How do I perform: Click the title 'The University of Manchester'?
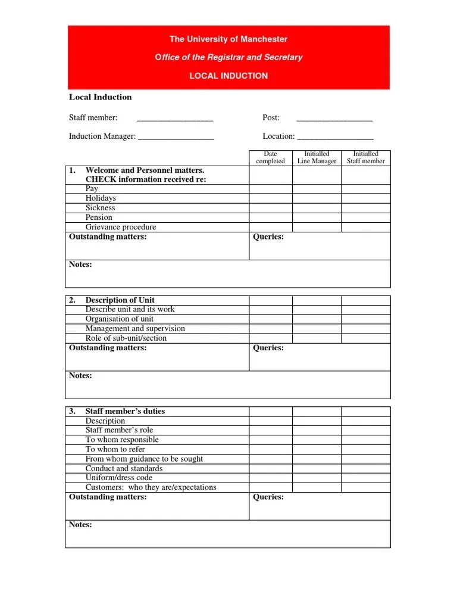pos(228,39)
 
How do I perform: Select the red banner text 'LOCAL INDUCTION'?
pos(228,76)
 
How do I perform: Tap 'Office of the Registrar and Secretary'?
pos(228,58)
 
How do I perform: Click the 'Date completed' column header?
pos(270,158)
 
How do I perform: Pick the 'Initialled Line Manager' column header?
pos(317,158)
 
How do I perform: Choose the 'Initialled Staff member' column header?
pos(365,158)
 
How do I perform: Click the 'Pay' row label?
pos(92,189)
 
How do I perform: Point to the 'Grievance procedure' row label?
pos(121,228)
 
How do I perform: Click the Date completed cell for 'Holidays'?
pos(270,198)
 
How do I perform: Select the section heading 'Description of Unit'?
pos(120,300)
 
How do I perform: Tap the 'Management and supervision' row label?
pos(135,329)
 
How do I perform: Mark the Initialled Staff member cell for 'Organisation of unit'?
pos(365,319)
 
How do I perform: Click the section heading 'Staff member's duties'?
pos(125,411)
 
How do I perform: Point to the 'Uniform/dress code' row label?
pos(119,478)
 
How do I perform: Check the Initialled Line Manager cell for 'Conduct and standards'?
pos(317,468)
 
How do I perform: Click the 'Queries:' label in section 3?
pos(268,497)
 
